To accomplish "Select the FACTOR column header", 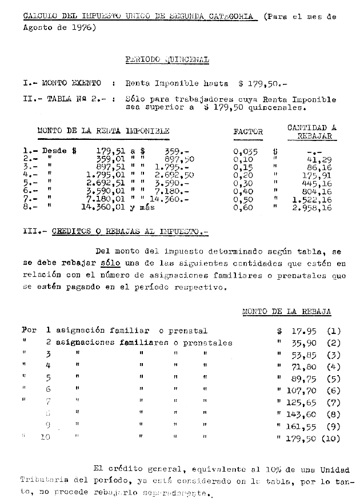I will pos(248,132).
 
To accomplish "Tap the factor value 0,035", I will pos(246,151).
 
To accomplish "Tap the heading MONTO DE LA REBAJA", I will pos(287,312).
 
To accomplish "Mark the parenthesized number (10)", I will pos(331,439).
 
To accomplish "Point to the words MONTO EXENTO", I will pos(72,83).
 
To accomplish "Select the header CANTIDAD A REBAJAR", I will pos(311,132).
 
